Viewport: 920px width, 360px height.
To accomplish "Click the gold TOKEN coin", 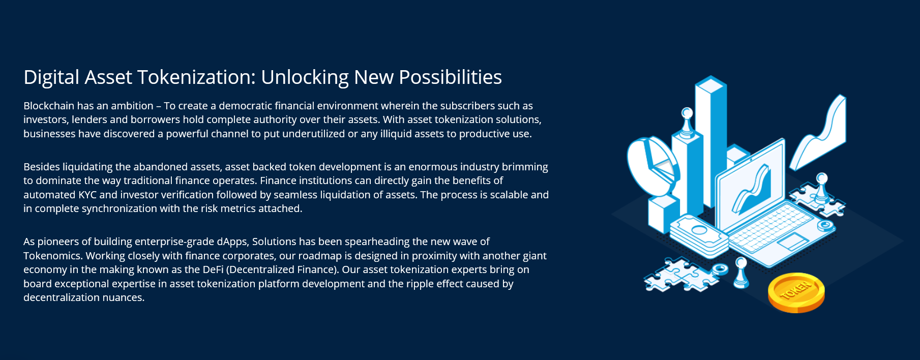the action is click(x=796, y=292).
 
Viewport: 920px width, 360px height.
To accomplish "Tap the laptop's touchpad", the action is click(x=793, y=241).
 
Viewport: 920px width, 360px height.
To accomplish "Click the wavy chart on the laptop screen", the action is click(x=751, y=190).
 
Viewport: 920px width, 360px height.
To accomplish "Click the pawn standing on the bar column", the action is click(x=687, y=123).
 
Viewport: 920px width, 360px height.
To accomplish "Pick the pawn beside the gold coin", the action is click(x=741, y=273).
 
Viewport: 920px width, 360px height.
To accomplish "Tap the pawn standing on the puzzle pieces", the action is click(x=821, y=188).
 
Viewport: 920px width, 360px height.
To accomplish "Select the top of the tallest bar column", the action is click(x=711, y=84).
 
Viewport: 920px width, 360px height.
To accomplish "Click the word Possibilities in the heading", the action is click(x=450, y=77).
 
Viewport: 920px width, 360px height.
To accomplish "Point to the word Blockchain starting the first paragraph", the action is click(x=49, y=106).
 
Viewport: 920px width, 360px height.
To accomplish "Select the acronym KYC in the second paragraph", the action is click(x=87, y=195).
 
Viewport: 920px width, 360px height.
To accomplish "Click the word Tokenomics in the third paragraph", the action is click(x=52, y=256).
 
